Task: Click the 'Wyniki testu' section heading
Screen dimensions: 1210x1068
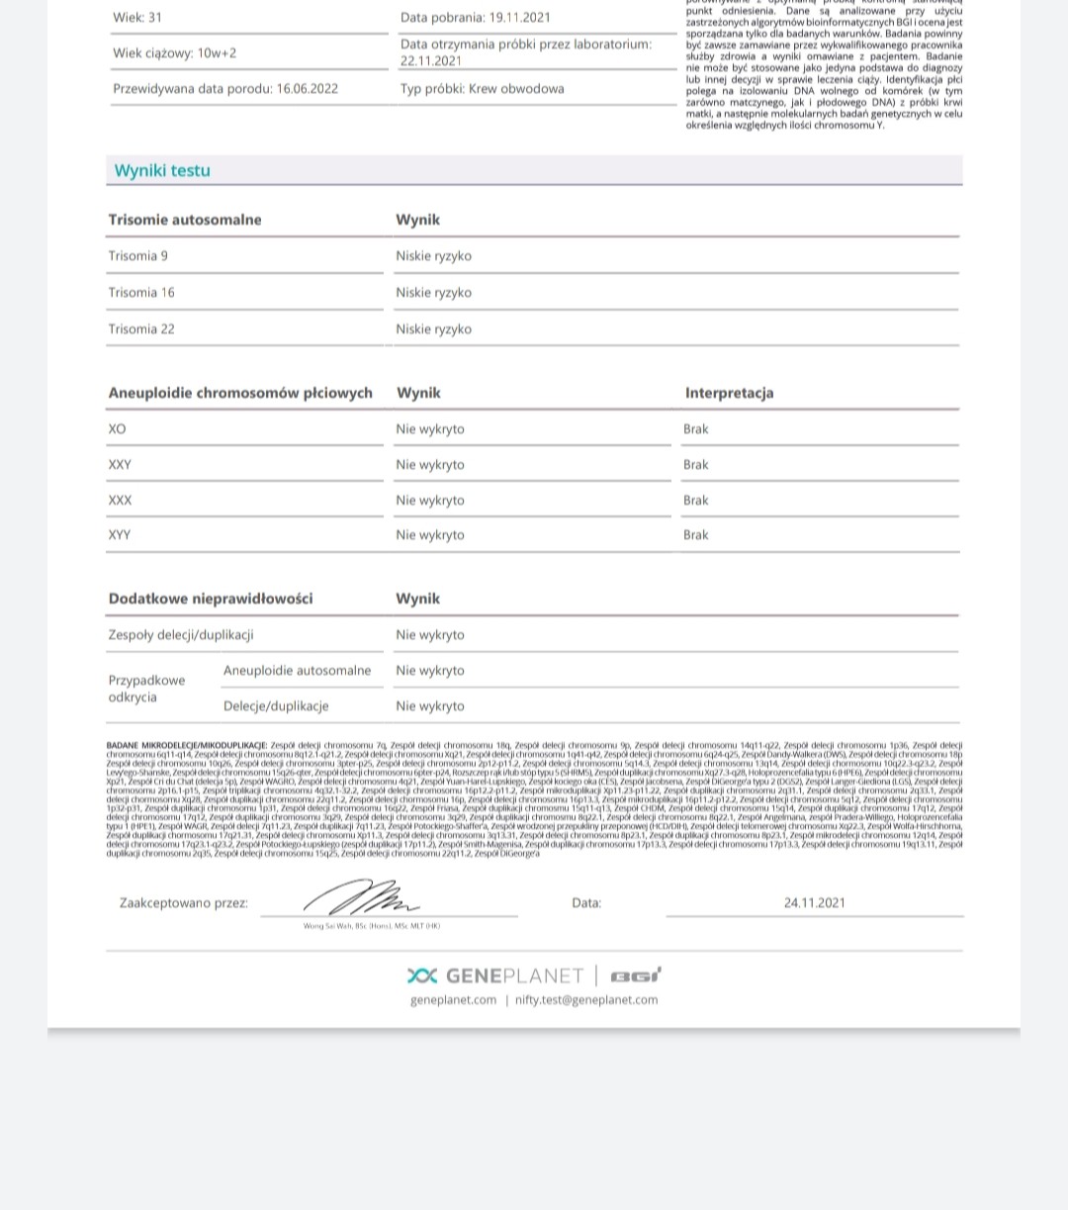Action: pyautogui.click(x=162, y=170)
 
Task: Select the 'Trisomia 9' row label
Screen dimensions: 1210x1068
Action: pyautogui.click(x=138, y=256)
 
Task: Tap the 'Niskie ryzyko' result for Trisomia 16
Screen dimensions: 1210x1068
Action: pyautogui.click(x=433, y=293)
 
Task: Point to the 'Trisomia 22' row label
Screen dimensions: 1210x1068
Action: pyautogui.click(x=141, y=329)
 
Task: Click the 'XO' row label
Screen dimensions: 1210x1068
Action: pyautogui.click(x=118, y=429)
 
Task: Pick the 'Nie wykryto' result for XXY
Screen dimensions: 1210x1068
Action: pyautogui.click(x=429, y=465)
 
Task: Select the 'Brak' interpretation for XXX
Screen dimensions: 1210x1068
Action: pyautogui.click(x=695, y=501)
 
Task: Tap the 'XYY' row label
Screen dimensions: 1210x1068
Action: pyautogui.click(x=120, y=535)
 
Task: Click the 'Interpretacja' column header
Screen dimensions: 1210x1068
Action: pyautogui.click(x=729, y=393)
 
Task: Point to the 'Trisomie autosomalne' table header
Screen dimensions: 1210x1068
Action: pyautogui.click(x=185, y=220)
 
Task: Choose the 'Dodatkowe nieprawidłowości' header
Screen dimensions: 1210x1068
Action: pyautogui.click(x=211, y=599)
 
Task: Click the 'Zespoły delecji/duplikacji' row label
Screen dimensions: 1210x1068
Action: pyautogui.click(x=181, y=635)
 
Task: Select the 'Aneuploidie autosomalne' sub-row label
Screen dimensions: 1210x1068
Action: pyautogui.click(x=297, y=671)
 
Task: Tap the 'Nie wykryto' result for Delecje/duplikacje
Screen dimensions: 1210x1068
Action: pyautogui.click(x=429, y=706)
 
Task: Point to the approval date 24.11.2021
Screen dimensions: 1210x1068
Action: pyautogui.click(x=814, y=902)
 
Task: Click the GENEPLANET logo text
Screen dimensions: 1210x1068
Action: pyautogui.click(x=513, y=977)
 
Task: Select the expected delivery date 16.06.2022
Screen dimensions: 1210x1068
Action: pyautogui.click(x=308, y=89)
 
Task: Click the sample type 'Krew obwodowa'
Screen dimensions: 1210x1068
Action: pyautogui.click(x=516, y=89)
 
